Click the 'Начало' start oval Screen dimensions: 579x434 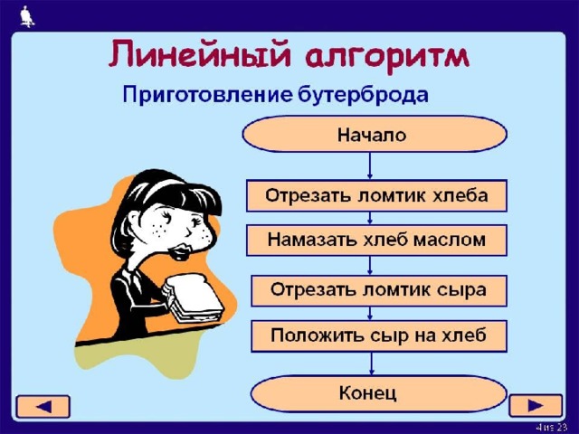point(375,134)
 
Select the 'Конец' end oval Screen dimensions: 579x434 point(378,393)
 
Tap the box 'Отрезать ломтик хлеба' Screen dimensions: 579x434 point(376,195)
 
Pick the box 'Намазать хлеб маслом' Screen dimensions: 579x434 point(376,241)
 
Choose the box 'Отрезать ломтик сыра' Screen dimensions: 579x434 point(379,290)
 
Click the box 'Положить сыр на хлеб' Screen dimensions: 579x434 point(379,335)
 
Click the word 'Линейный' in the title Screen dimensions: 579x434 point(199,54)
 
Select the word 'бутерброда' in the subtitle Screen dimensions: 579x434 point(363,94)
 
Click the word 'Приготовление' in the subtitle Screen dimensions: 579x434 point(207,95)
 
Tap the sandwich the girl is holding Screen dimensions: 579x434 point(193,298)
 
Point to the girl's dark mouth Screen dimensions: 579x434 point(181,250)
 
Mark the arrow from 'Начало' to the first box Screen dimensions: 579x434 point(370,165)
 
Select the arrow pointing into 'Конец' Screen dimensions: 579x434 point(372,363)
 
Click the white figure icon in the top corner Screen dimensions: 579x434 point(27,16)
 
